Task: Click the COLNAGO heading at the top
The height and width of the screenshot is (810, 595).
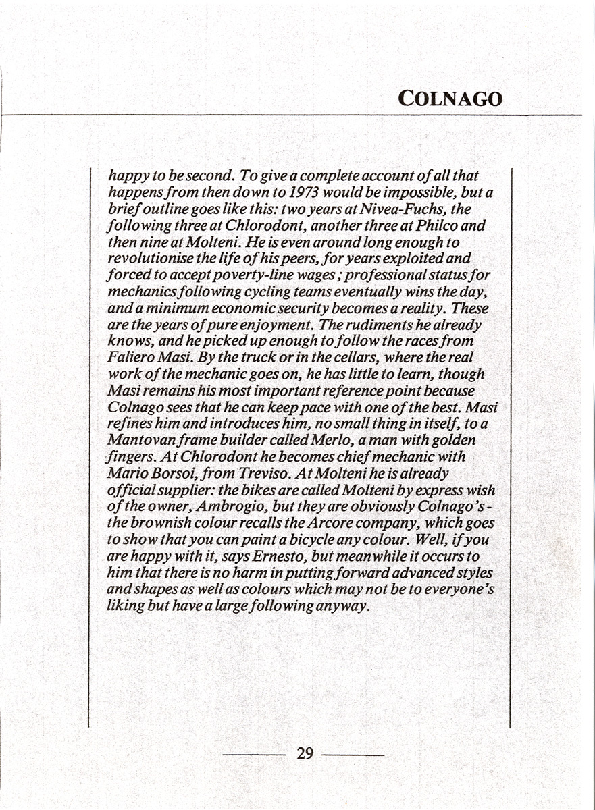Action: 450,99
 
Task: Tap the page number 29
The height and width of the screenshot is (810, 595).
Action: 305,753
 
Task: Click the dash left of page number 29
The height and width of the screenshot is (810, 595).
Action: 255,754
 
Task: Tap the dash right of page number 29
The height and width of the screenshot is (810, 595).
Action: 353,754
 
